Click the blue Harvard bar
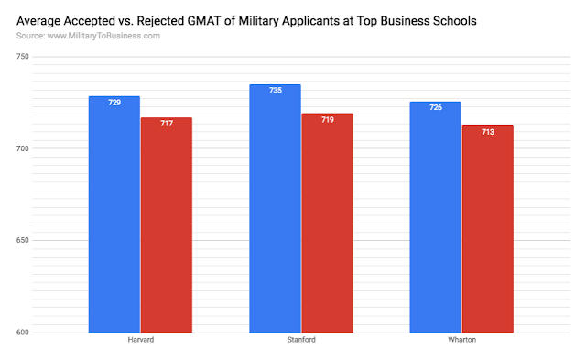(114, 214)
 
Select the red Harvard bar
(167, 225)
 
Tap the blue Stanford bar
(275, 209)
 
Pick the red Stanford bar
(328, 223)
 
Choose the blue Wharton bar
(436, 217)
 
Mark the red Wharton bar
(488, 229)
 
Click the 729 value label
(114, 103)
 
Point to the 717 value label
(167, 124)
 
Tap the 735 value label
(276, 90)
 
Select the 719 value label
(328, 120)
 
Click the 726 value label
(436, 107)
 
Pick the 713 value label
(488, 132)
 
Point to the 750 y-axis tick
(22, 57)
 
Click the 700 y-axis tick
(22, 148)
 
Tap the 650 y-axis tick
(22, 240)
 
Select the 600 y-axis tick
(22, 333)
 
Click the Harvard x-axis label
(140, 340)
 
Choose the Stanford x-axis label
(301, 340)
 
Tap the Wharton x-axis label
(461, 340)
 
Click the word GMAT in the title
(204, 21)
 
